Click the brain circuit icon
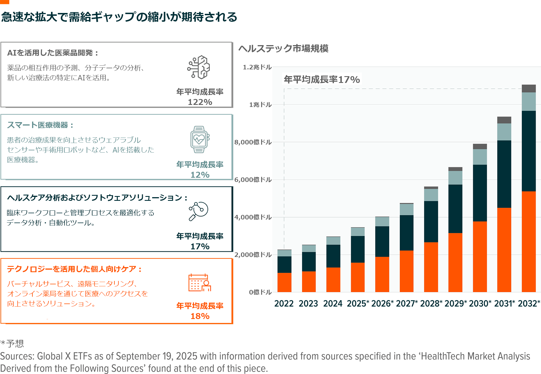coord(199,67)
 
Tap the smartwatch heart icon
coord(199,139)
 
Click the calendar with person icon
coord(199,283)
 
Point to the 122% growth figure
coord(200,102)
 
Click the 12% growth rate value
coord(200,175)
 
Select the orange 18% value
coord(200,316)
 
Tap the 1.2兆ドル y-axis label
coord(257,67)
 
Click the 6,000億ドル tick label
coord(253,180)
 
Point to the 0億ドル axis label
coord(260,292)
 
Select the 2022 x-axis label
coord(284,303)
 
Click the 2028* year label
coord(431,303)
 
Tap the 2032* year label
coord(529,303)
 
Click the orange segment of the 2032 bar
coord(529,241)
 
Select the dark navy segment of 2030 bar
coord(480,193)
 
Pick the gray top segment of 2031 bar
coord(504,120)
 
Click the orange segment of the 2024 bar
coord(333,280)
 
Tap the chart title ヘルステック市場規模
coord(283,49)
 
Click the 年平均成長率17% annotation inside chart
coord(322,80)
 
